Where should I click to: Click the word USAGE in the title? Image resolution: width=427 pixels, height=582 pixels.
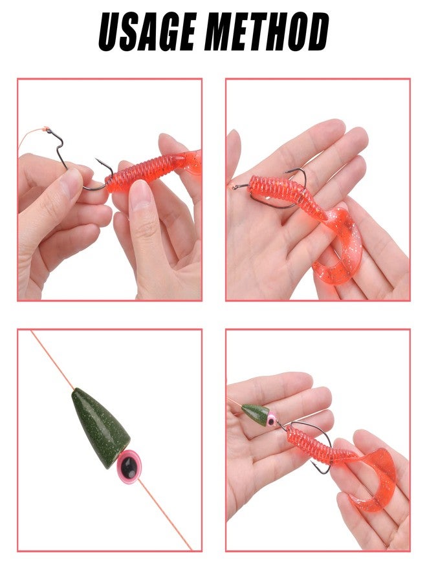tap(147, 32)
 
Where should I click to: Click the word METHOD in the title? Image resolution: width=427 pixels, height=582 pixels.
tap(267, 32)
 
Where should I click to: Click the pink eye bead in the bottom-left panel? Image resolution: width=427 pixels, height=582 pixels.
tap(130, 464)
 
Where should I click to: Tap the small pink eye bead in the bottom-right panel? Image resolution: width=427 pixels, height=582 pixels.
tap(272, 420)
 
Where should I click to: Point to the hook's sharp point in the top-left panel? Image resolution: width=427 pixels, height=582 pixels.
tap(97, 160)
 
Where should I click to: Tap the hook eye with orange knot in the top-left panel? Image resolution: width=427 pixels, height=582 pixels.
tap(49, 130)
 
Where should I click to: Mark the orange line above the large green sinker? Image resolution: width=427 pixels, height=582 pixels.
tap(52, 360)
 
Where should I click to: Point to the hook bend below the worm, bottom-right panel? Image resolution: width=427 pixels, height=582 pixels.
tap(322, 468)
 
